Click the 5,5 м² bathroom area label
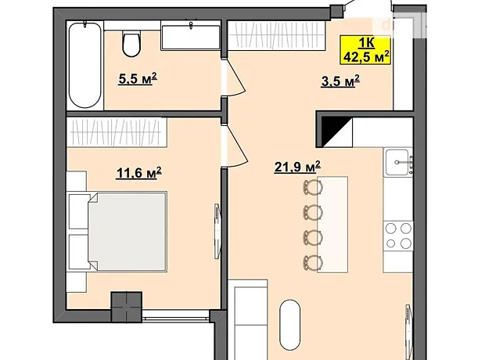pyautogui.click(x=138, y=78)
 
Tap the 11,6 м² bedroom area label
pyautogui.click(x=139, y=172)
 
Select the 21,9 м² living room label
pyautogui.click(x=297, y=167)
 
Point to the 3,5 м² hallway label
pyautogui.click(x=340, y=81)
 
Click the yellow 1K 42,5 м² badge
pyautogui.click(x=365, y=50)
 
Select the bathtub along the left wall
pyautogui.click(x=84, y=65)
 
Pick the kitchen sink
pyautogui.click(x=398, y=162)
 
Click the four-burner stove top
pyautogui.click(x=398, y=236)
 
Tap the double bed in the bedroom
pyautogui.click(x=127, y=232)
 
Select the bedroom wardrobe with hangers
pyautogui.click(x=117, y=131)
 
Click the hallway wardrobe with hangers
pyautogui.click(x=276, y=35)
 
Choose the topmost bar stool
pyautogui.click(x=313, y=187)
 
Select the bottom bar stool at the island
pyautogui.click(x=313, y=263)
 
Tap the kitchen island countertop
pyautogui.click(x=332, y=225)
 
